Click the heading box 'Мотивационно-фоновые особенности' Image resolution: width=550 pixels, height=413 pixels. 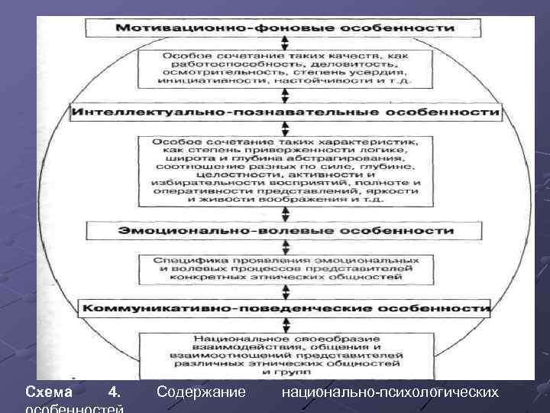[x=285, y=28]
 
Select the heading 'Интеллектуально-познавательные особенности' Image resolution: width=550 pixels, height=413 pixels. [x=286, y=112]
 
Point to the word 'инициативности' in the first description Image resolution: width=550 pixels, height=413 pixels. [x=198, y=79]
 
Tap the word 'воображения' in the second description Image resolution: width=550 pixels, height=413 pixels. [x=299, y=199]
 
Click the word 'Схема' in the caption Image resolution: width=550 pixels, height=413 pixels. [x=49, y=392]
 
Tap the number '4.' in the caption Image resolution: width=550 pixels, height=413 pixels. [x=114, y=392]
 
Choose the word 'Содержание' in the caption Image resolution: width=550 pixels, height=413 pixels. [x=201, y=392]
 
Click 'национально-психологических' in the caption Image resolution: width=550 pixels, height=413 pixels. [x=390, y=392]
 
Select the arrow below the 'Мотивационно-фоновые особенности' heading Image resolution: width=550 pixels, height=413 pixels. [x=285, y=43]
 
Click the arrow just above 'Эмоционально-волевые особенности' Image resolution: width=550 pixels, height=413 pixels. [x=285, y=213]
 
